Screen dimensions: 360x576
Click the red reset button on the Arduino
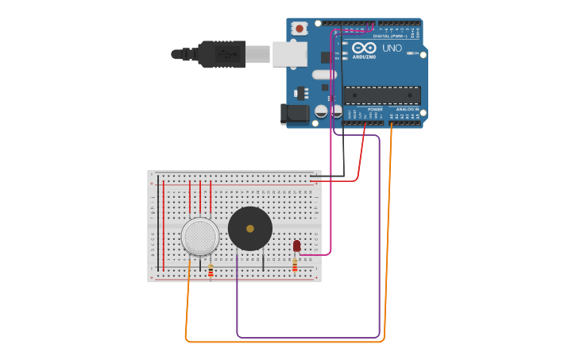pos(300,29)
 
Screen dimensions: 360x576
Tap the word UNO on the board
pos(392,48)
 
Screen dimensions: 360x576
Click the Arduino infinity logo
pos(365,48)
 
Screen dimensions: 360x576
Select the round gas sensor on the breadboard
pos(200,236)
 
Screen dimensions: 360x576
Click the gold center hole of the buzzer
pos(250,229)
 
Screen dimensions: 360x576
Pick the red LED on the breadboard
pos(296,246)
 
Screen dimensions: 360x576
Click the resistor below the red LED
pos(295,265)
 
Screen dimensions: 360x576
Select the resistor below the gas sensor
pos(211,271)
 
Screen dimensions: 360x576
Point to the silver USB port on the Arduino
pos(289,54)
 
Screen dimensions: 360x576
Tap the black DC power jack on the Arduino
pos(296,114)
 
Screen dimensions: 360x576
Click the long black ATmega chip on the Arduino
pos(382,95)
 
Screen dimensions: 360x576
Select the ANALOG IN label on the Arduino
pos(408,110)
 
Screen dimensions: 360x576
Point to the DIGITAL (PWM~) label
pos(390,36)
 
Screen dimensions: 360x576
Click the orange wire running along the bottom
pos(286,342)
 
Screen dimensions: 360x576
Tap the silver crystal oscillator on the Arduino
pos(324,75)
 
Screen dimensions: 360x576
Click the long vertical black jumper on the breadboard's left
pos(157,223)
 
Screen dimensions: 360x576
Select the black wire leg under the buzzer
pos(263,261)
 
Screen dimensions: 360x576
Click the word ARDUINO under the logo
pos(364,56)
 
